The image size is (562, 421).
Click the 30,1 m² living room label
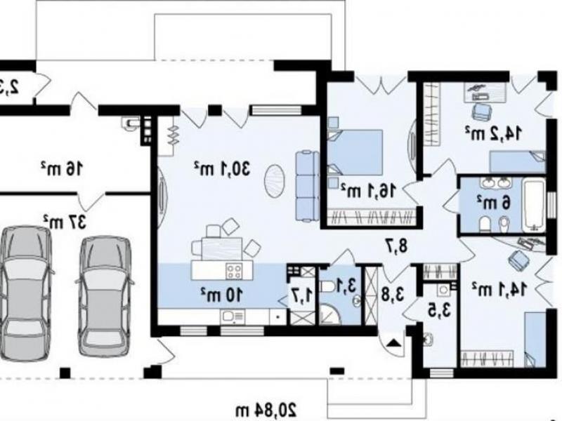point(221,168)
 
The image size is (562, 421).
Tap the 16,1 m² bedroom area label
point(369,190)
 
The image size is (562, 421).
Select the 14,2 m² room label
point(493,133)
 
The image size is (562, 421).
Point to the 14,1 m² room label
point(499,289)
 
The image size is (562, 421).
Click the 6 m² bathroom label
point(493,203)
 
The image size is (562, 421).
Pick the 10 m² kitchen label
point(221,295)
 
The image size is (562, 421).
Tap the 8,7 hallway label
point(397,246)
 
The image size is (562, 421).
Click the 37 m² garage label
point(65,222)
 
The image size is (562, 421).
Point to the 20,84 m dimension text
point(266,410)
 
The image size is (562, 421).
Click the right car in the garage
point(104,296)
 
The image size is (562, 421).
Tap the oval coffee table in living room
point(275,180)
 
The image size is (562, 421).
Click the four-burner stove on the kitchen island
point(235,271)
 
